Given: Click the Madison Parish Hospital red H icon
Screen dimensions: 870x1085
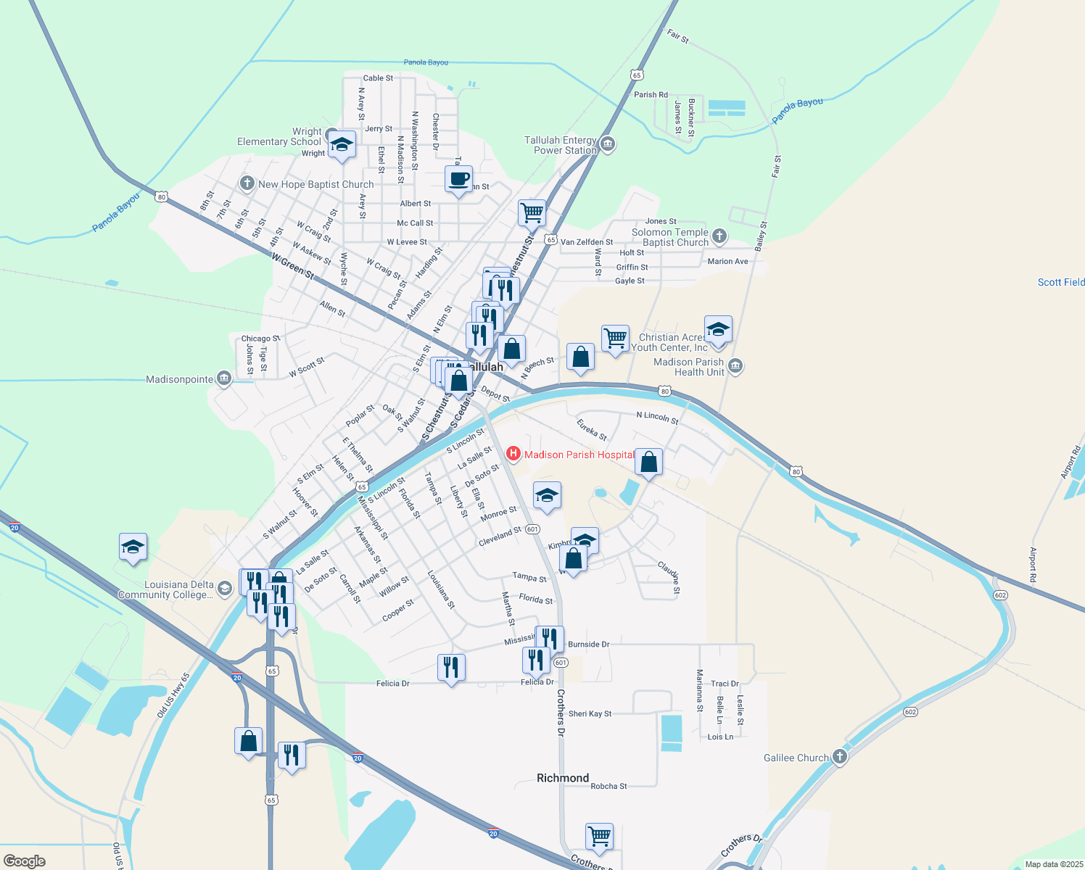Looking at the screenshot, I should tap(513, 454).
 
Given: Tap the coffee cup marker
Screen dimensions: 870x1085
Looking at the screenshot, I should tap(458, 179).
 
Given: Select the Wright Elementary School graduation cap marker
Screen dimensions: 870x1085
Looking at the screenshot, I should tap(342, 144).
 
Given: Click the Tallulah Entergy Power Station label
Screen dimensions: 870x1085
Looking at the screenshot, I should tap(561, 145).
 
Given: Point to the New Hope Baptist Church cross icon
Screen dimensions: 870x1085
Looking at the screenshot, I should tap(247, 183).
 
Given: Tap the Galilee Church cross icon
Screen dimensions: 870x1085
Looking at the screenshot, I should tap(839, 757).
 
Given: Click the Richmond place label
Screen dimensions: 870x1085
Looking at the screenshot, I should tap(563, 778).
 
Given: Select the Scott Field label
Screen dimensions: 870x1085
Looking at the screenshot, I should tap(1060, 282).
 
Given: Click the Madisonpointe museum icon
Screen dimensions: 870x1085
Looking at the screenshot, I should tap(224, 378).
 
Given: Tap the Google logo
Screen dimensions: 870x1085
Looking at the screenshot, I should tap(25, 861).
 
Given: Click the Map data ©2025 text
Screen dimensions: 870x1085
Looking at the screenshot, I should tap(1053, 864).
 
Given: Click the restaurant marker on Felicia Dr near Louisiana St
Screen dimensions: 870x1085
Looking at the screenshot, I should tap(451, 667).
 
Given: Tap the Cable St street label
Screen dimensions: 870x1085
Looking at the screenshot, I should tap(378, 78).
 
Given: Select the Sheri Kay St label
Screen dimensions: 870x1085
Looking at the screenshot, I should tap(590, 714).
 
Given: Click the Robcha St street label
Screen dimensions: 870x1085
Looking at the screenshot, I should tap(608, 786).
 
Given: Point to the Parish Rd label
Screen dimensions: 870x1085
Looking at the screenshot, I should tap(651, 95).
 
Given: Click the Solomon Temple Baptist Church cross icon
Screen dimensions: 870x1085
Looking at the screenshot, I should tap(719, 236).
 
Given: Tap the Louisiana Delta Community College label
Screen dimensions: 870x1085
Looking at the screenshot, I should tap(167, 589).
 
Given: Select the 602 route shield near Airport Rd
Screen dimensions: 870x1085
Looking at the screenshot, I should tap(1001, 595).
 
